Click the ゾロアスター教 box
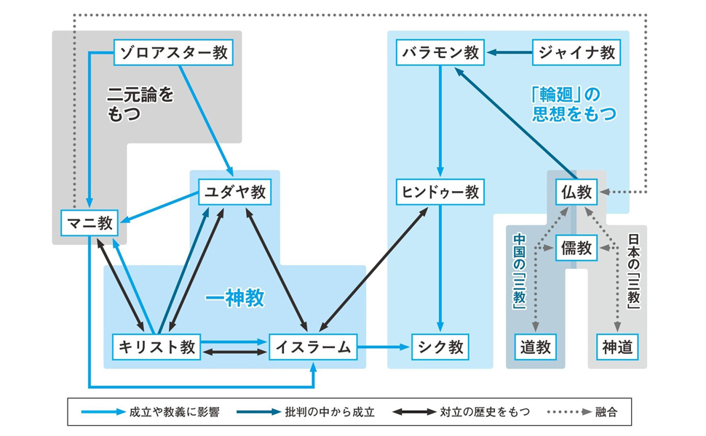[177, 52]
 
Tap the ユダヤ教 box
[234, 192]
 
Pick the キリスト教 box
[156, 347]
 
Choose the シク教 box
[439, 347]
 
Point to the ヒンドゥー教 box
[440, 192]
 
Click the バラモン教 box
[440, 52]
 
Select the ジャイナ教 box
[577, 52]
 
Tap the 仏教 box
[576, 192]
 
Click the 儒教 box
[576, 248]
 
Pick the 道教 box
[535, 347]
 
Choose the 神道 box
[617, 347]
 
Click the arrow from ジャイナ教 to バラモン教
[509, 52]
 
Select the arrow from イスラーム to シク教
[384, 347]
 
